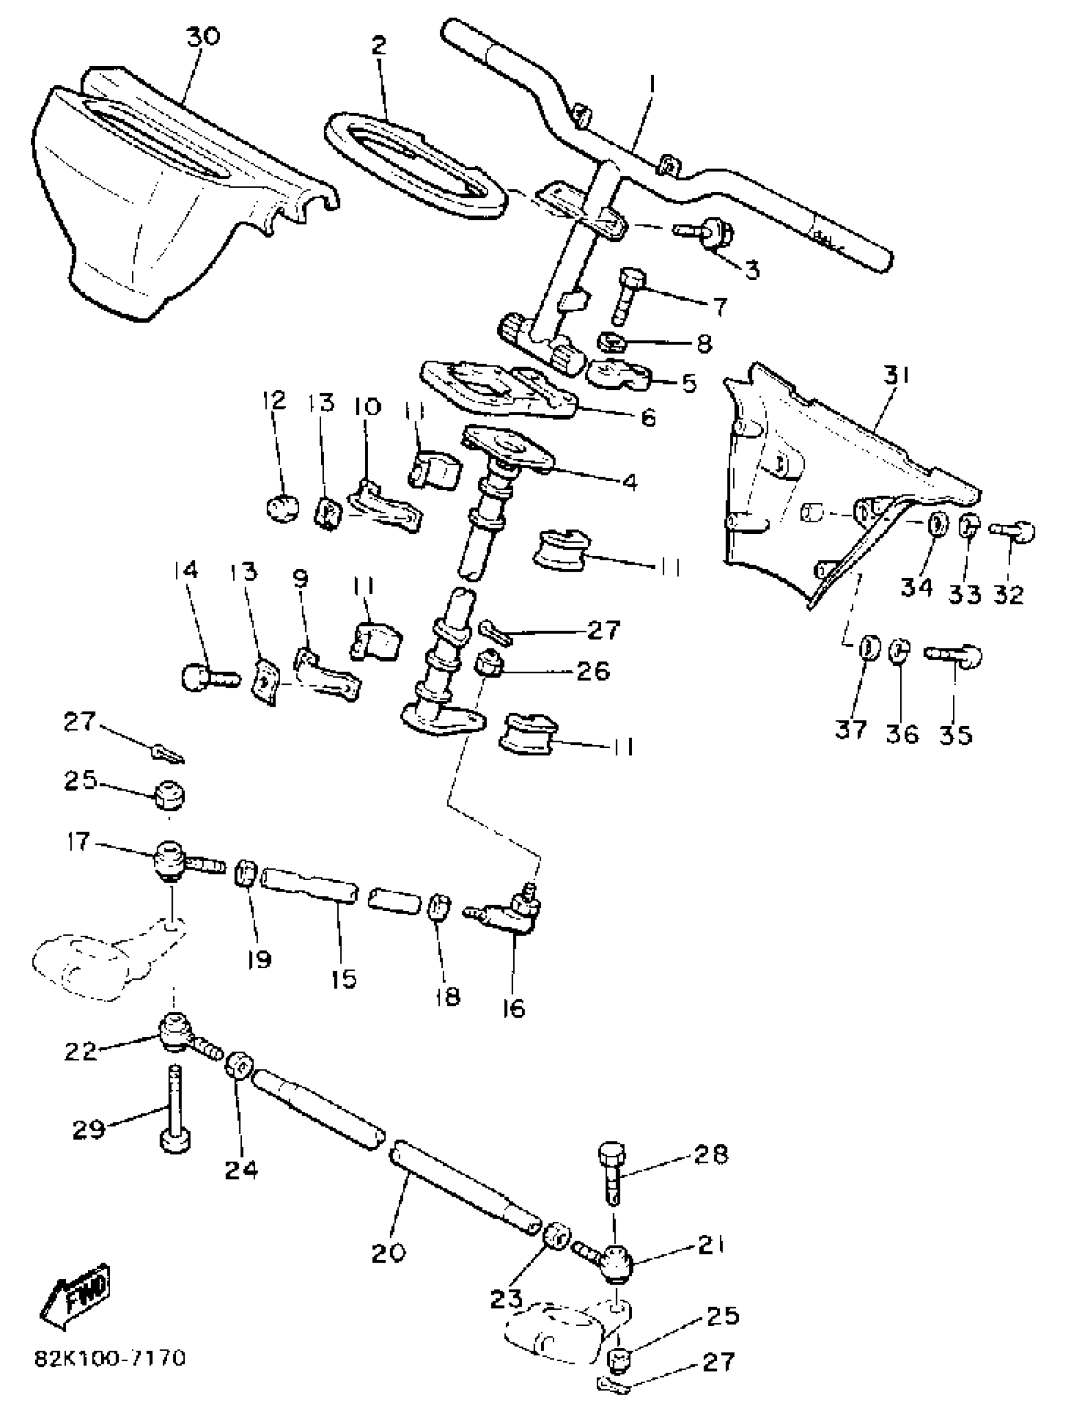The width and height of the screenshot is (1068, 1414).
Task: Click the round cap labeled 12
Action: click(x=282, y=508)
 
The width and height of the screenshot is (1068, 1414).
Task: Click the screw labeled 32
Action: click(x=1013, y=530)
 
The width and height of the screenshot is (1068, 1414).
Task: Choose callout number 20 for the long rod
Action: click(x=389, y=1253)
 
